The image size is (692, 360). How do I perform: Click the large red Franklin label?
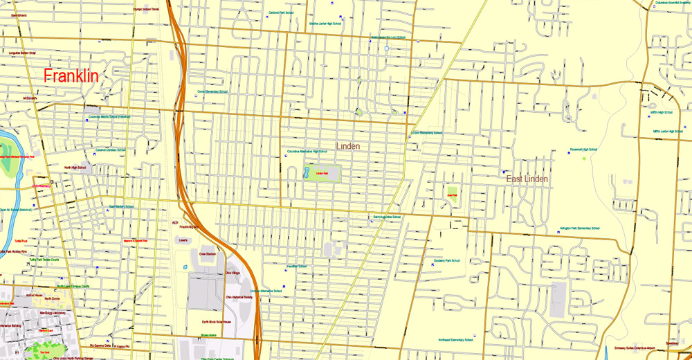pyautogui.click(x=71, y=76)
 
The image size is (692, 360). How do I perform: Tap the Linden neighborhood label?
pyautogui.click(x=349, y=146)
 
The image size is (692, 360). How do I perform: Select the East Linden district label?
pyautogui.click(x=527, y=179)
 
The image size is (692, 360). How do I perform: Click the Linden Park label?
pyautogui.click(x=320, y=173)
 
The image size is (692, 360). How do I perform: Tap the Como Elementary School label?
pyautogui.click(x=212, y=91)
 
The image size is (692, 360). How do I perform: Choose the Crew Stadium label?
pyautogui.click(x=208, y=254)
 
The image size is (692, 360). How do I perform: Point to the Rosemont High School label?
pyautogui.click(x=583, y=150)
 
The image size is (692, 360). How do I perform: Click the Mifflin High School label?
pyautogui.click(x=662, y=112)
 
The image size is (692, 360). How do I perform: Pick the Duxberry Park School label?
pyautogui.click(x=447, y=260)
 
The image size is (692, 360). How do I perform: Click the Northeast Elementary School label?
pyautogui.click(x=455, y=340)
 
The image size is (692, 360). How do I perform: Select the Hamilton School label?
pyautogui.click(x=297, y=266)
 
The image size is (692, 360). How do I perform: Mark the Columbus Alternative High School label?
pyautogui.click(x=307, y=152)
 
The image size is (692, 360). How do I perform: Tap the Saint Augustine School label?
pyautogui.click(x=387, y=217)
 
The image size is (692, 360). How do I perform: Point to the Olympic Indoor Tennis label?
pyautogui.click(x=146, y=9)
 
